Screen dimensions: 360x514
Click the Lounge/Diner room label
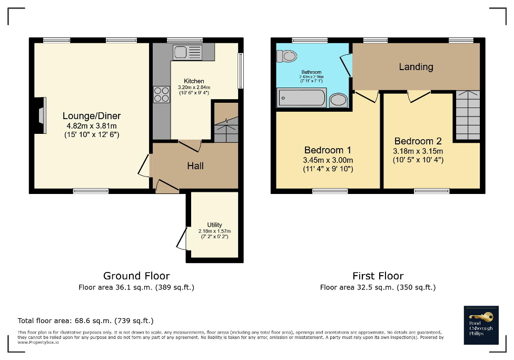click(92, 116)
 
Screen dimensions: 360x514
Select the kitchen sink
click(187, 52)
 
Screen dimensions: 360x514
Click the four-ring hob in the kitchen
click(161, 94)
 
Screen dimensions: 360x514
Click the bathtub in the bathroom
click(302, 98)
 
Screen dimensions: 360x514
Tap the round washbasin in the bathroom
click(338, 100)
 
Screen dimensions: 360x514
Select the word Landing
click(416, 67)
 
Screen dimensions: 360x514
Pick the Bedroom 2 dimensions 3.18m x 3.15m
click(418, 151)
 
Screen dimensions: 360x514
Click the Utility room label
click(214, 225)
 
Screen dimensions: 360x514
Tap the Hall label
click(195, 166)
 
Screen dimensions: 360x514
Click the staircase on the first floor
click(468, 115)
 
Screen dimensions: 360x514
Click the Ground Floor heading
click(136, 276)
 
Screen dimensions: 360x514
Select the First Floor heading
click(378, 276)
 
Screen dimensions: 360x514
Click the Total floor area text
click(85, 320)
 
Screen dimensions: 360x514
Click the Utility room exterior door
click(181, 239)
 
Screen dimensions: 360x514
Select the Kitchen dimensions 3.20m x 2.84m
click(194, 87)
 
